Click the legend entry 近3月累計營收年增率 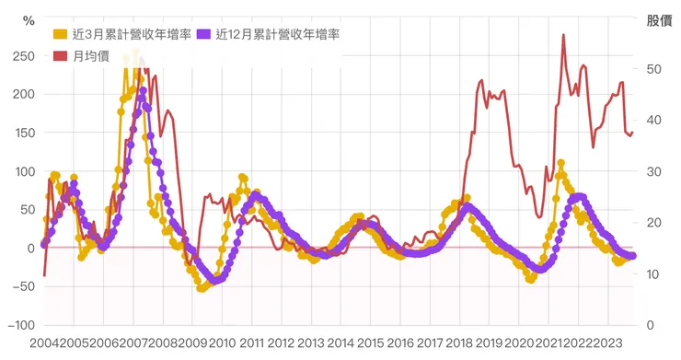click(x=131, y=35)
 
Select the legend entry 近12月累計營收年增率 click(x=278, y=35)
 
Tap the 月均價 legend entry click(x=87, y=56)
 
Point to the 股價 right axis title click(x=659, y=20)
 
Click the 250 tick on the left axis click(x=25, y=56)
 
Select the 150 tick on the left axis click(x=25, y=133)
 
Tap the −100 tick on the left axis click(x=22, y=325)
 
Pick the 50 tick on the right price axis click(x=654, y=69)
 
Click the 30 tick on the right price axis click(x=654, y=171)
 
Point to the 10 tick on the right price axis click(x=654, y=273)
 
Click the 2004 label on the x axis click(x=43, y=343)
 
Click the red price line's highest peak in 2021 click(x=563, y=35)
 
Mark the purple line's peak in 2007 click(x=143, y=90)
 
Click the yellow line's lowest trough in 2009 click(x=202, y=288)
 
